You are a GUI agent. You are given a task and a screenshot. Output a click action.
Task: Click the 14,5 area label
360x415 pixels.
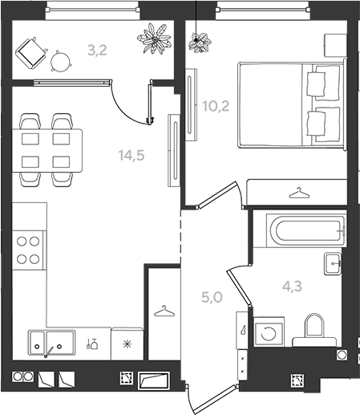click(131, 155)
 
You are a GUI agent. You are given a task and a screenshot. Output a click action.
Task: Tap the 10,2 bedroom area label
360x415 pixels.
click(216, 106)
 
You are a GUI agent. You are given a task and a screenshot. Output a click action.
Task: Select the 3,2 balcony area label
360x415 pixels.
click(97, 51)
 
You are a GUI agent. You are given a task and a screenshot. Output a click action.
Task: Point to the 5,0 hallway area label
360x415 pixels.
click(212, 297)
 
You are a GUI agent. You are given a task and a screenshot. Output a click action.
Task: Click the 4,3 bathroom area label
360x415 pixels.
click(293, 287)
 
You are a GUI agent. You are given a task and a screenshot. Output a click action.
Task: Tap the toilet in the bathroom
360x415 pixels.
click(314, 331)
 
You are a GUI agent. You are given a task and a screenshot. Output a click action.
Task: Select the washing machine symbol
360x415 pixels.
click(269, 332)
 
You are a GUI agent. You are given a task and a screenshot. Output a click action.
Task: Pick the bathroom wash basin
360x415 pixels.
click(333, 263)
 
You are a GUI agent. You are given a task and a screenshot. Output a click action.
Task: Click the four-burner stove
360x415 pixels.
click(28, 250)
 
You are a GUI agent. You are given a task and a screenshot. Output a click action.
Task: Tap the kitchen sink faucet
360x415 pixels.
click(48, 352)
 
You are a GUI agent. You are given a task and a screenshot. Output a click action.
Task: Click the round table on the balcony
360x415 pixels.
click(61, 61)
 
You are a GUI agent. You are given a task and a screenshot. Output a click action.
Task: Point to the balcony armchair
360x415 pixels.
click(31, 53)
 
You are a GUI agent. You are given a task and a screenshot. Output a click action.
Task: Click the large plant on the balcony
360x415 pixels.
click(154, 39)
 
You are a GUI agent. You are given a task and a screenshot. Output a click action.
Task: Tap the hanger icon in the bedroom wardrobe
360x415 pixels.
click(299, 193)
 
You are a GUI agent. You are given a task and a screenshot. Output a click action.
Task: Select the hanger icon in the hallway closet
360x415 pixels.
click(164, 311)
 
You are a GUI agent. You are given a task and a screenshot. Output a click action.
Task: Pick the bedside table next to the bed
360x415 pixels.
click(335, 45)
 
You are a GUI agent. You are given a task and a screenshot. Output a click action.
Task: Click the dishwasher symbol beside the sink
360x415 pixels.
click(92, 344)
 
